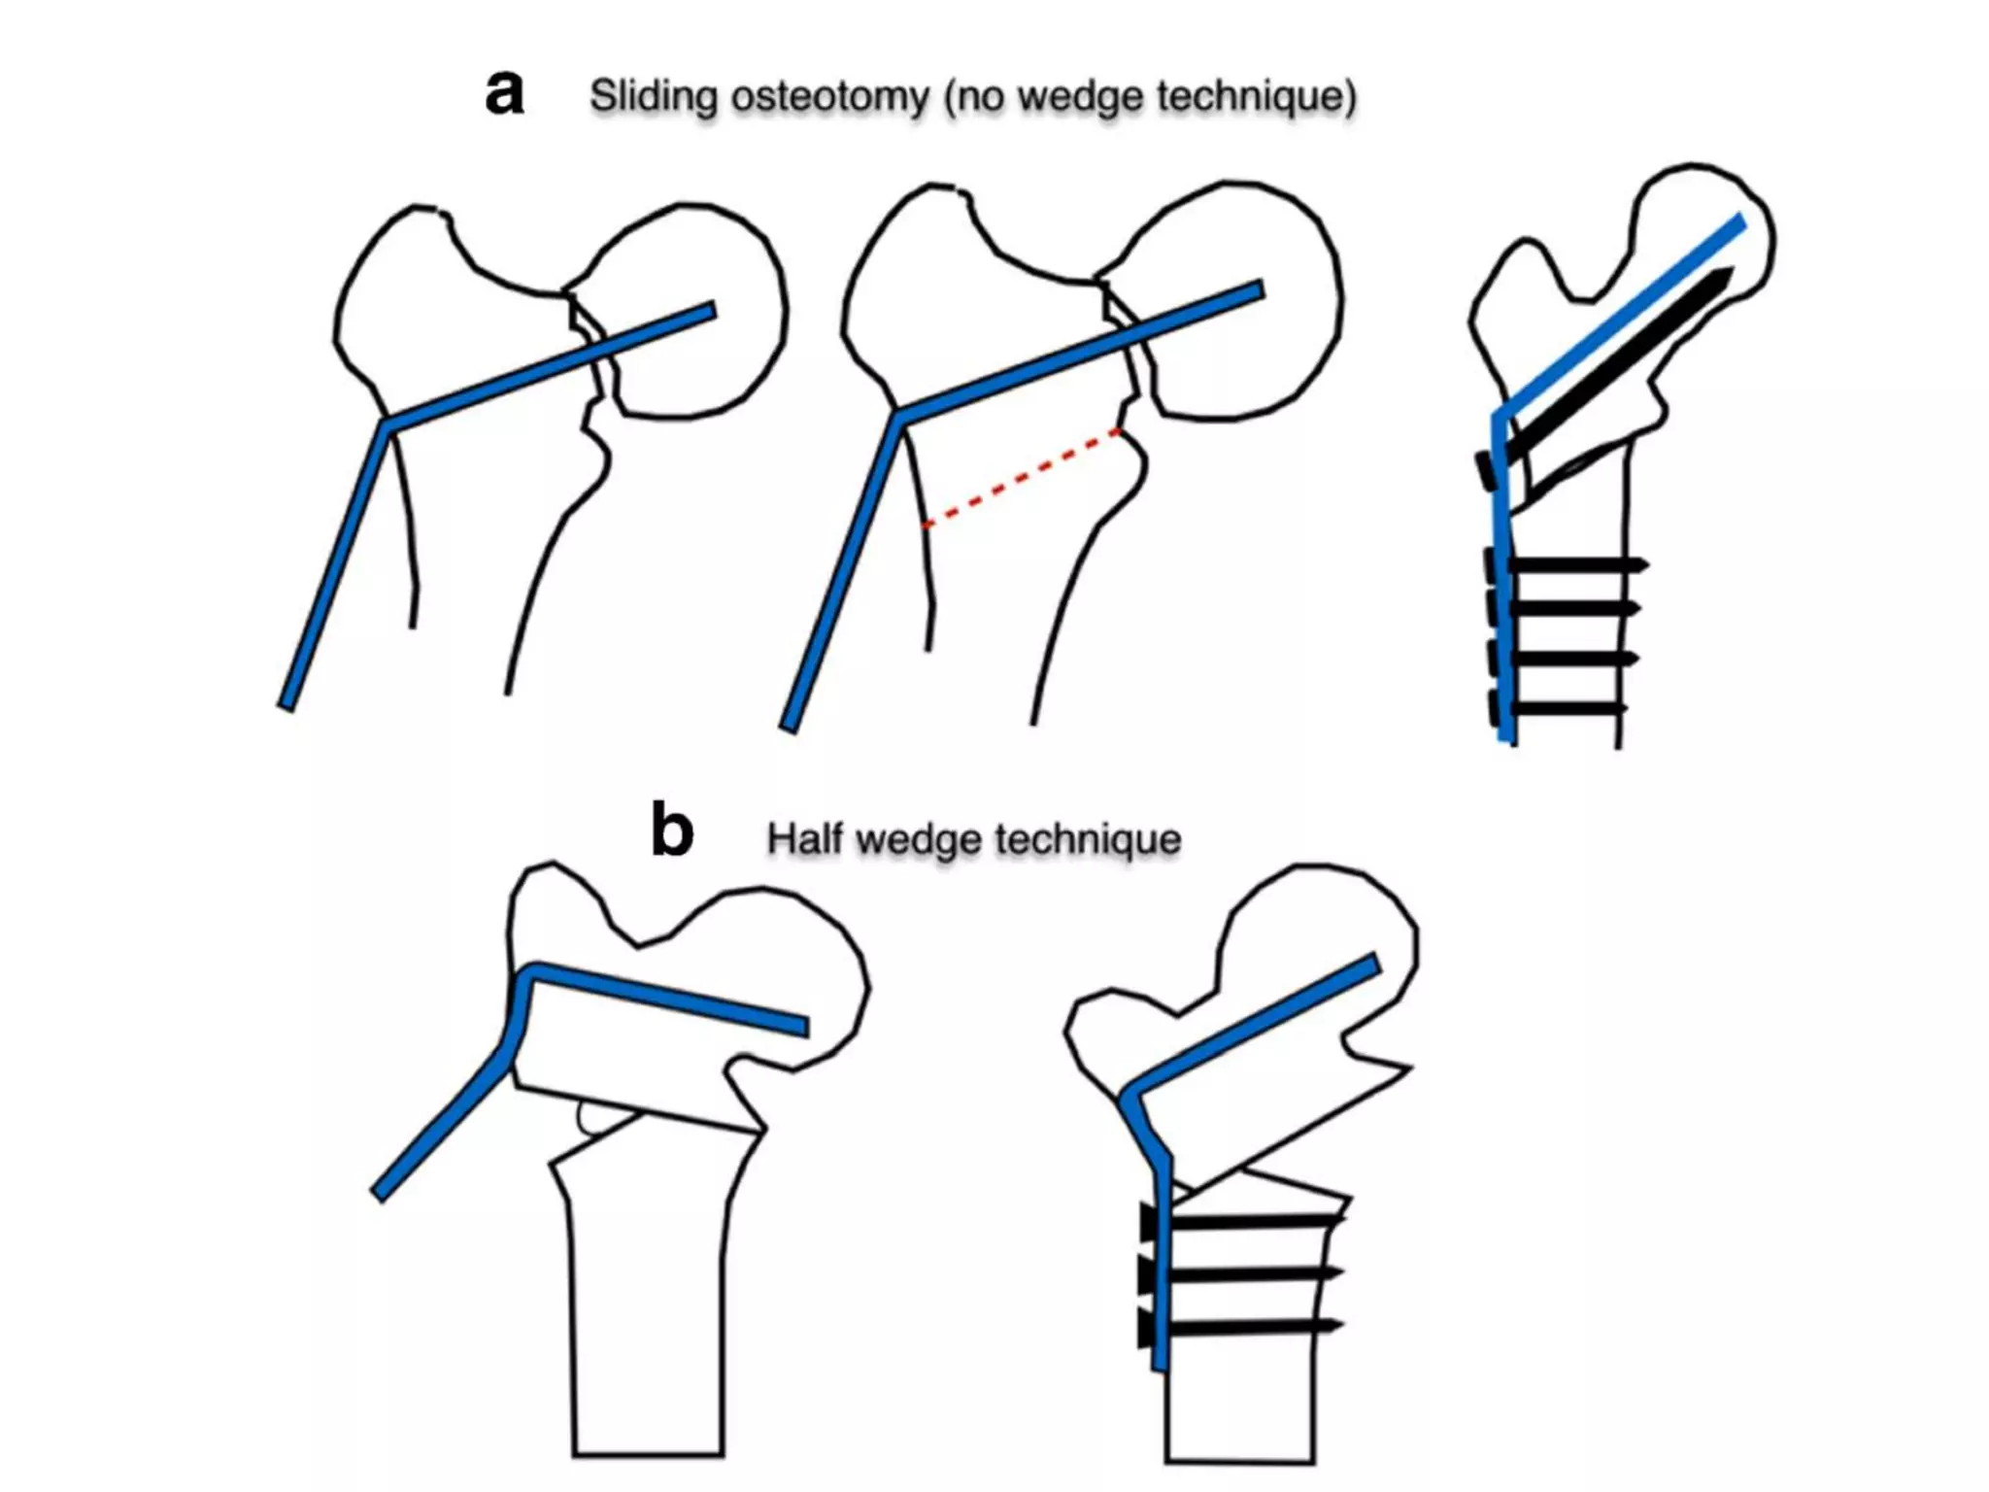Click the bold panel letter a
coord(504,94)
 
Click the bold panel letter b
coord(671,831)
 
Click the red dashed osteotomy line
coord(1020,478)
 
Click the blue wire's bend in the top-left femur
coord(387,424)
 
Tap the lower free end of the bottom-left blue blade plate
coord(379,1194)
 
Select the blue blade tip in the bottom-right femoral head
coord(1372,963)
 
